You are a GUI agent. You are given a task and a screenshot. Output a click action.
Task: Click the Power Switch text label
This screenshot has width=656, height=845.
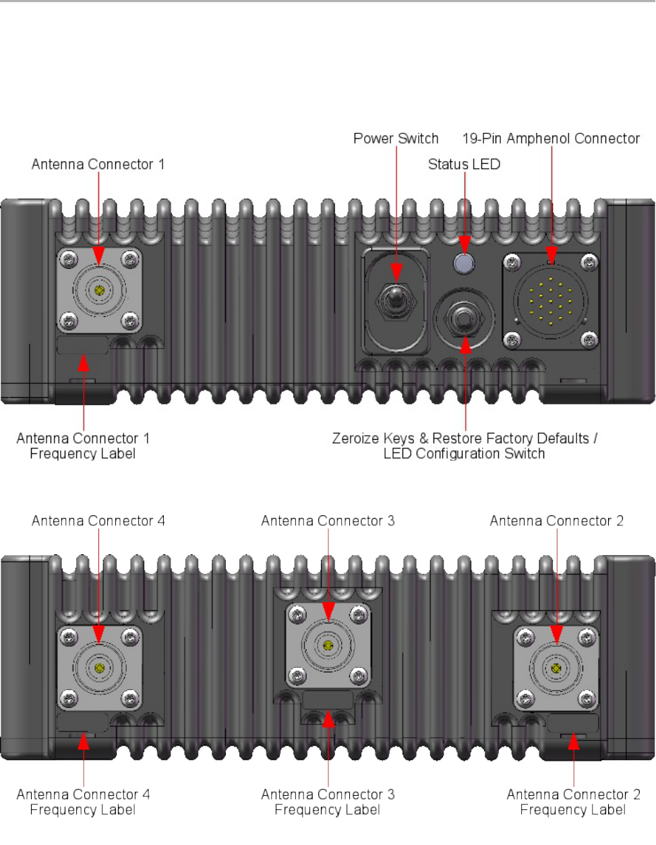point(396,138)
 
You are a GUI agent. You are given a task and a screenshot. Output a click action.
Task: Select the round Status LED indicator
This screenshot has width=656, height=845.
point(464,264)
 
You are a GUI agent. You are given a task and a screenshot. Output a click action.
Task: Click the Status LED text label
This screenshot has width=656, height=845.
point(464,165)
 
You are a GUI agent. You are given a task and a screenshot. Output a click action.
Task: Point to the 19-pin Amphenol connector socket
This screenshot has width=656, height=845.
point(551,301)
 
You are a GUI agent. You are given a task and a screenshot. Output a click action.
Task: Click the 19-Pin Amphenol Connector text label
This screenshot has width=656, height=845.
point(551,138)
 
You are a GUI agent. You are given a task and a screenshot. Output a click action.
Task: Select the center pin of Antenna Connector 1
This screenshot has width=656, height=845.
point(99,291)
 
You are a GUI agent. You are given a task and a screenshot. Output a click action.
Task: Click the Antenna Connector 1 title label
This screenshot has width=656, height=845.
point(98,165)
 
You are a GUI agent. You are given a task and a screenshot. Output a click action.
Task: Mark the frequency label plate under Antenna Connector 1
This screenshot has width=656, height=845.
point(83,345)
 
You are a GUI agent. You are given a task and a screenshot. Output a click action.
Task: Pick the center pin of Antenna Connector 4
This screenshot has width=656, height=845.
point(99,668)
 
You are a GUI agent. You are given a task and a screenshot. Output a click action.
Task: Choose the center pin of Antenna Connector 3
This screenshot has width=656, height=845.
point(328,645)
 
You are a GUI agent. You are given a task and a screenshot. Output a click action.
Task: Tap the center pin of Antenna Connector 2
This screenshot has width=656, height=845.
point(556,668)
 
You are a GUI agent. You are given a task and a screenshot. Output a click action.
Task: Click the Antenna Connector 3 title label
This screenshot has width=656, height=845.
point(328,521)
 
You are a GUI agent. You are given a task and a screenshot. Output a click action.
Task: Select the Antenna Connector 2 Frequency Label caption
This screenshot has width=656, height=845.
point(573,802)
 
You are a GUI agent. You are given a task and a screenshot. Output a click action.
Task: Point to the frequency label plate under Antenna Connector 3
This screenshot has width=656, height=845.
point(328,700)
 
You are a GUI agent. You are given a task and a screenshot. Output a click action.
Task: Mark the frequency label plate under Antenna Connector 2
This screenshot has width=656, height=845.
point(572,723)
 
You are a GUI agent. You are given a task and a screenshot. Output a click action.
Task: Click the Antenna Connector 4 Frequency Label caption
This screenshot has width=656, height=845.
point(83,802)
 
